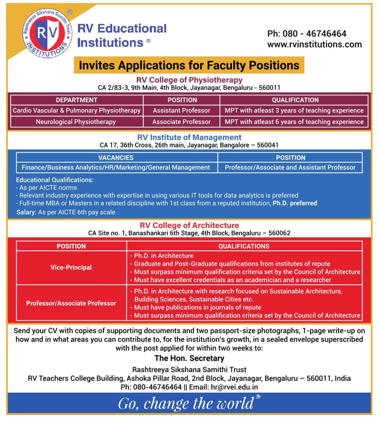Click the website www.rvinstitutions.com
314,44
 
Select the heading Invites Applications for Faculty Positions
189,65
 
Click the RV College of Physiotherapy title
189,80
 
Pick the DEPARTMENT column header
76,100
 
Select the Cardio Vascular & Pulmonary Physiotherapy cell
76,111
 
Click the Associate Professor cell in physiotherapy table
181,122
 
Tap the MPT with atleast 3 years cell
294,111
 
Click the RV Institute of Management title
189,137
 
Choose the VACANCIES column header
116,157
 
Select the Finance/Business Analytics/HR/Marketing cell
116,167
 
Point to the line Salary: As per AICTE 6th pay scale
66,212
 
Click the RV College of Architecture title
189,225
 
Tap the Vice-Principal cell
71,267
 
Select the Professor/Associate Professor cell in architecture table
71,303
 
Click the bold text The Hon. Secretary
189,358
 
